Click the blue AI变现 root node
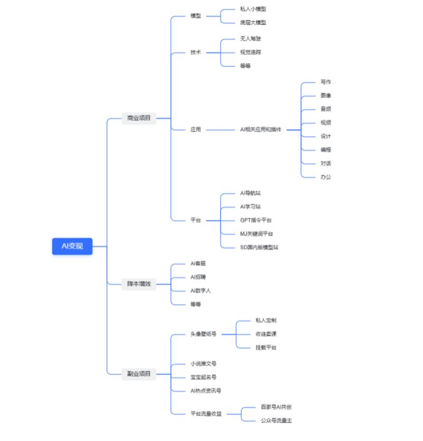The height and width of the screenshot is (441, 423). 72,246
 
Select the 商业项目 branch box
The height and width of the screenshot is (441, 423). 139,118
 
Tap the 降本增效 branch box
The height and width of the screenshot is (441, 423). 139,284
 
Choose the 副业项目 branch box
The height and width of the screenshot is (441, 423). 139,374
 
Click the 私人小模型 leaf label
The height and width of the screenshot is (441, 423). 253,9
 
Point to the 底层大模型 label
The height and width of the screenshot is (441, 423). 253,23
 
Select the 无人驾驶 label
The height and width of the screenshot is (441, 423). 250,39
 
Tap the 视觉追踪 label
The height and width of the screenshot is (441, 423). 250,52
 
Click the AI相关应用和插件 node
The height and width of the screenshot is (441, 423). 261,130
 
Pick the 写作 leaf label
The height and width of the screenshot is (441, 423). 326,82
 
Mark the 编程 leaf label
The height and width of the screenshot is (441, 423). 326,150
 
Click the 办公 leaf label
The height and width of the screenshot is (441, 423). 326,177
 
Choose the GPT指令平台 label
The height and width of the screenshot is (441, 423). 256,220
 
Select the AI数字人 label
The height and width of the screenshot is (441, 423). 200,290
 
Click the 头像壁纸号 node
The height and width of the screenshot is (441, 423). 203,334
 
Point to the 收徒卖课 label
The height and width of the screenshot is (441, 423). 266,334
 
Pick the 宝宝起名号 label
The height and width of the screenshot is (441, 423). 203,377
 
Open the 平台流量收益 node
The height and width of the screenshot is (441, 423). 206,414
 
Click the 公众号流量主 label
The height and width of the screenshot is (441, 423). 276,421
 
